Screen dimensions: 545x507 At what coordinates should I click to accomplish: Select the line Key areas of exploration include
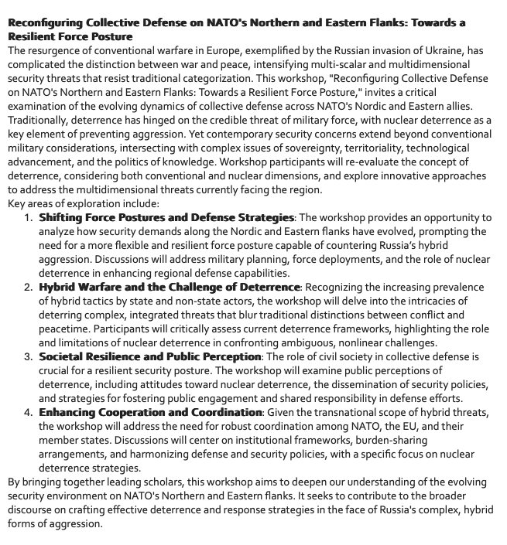[x=84, y=204]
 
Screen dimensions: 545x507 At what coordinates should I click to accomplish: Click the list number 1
[x=28, y=218]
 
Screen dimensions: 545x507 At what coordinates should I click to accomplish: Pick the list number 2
[x=28, y=288]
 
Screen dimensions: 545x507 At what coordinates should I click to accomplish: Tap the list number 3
[x=28, y=356]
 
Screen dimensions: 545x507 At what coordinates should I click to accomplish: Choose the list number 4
[x=28, y=412]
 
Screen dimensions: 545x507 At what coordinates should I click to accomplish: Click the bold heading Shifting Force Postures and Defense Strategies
[x=166, y=218]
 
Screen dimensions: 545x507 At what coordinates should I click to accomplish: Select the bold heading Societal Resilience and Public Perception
[x=149, y=356]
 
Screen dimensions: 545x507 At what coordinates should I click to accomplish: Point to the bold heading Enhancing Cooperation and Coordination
[x=150, y=412]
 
